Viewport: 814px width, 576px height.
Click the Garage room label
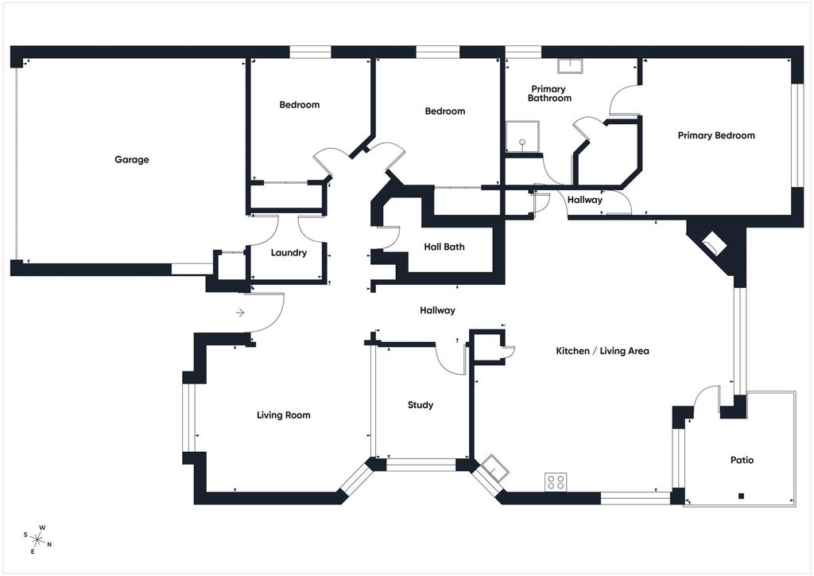(132, 159)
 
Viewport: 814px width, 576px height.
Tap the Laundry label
(289, 253)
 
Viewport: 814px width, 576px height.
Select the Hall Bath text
(444, 247)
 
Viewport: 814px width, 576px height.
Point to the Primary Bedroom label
(716, 135)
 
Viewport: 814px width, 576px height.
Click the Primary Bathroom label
(549, 94)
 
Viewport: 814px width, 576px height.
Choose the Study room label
(420, 405)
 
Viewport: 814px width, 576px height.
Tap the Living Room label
(284, 415)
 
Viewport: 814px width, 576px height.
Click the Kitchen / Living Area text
(603, 351)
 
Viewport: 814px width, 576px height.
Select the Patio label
(742, 460)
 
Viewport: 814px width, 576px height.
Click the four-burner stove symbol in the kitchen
(556, 482)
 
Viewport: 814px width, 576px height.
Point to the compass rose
(37, 540)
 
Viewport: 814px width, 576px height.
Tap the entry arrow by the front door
(240, 313)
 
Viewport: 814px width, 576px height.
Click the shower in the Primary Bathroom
(523, 137)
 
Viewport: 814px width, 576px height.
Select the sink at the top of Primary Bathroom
(570, 66)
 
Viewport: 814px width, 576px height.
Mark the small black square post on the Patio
(742, 496)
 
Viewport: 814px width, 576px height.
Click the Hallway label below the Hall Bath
(437, 310)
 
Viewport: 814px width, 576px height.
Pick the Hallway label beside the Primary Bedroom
(584, 200)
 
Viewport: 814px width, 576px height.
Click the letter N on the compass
(49, 545)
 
